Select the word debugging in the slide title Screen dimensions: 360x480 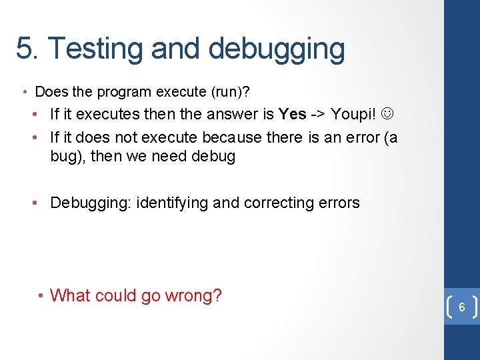(x=277, y=49)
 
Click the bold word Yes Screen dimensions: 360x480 (x=293, y=114)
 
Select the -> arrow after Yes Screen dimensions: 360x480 (x=318, y=114)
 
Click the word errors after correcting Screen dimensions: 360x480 (x=339, y=203)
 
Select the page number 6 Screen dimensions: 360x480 (x=461, y=308)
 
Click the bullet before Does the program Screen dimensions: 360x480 (x=25, y=92)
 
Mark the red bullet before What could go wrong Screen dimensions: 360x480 (x=41, y=295)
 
